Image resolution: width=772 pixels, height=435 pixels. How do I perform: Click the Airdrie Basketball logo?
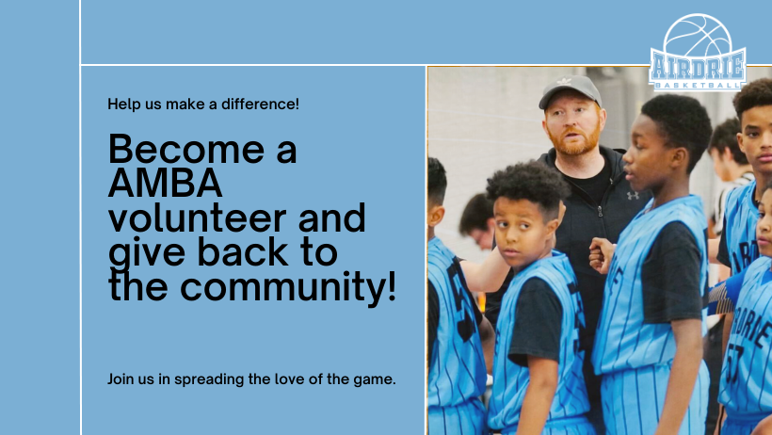point(698,55)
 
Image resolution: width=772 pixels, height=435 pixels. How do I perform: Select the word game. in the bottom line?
point(375,379)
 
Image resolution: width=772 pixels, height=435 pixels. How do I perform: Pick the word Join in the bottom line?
point(121,379)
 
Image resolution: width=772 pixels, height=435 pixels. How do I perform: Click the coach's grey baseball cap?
point(570,91)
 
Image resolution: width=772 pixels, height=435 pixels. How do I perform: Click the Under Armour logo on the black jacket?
point(633,196)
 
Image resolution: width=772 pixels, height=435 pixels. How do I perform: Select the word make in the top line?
point(185,104)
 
